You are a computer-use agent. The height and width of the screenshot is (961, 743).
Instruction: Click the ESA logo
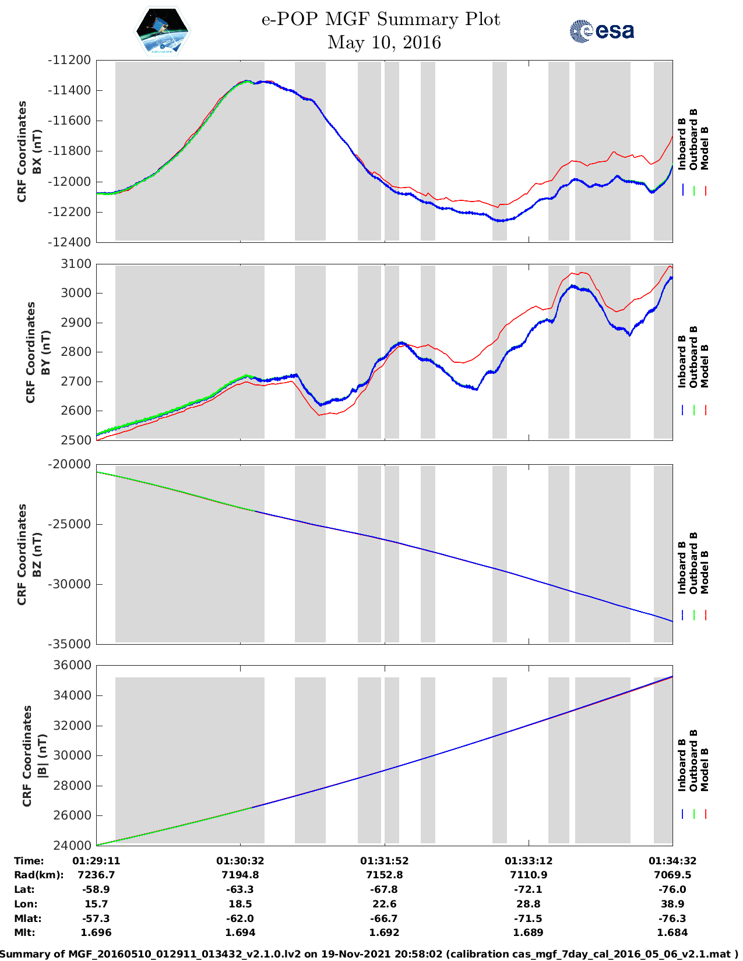click(x=601, y=31)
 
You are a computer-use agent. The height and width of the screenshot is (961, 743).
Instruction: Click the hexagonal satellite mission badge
click(x=162, y=31)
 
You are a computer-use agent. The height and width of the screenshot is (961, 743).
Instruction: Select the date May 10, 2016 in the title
click(x=384, y=43)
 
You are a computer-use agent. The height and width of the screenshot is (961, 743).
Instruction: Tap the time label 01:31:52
click(x=384, y=861)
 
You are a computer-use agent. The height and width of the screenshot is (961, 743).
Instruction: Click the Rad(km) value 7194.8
click(x=240, y=875)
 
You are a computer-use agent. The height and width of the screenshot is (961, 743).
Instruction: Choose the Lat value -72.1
click(x=528, y=889)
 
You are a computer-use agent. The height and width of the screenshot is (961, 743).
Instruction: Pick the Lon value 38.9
click(x=672, y=904)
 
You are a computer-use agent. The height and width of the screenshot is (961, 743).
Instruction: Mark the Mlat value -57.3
click(x=96, y=918)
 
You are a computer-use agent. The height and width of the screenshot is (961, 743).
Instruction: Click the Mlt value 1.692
click(x=384, y=932)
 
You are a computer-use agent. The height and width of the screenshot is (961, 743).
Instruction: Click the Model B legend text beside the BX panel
click(x=705, y=148)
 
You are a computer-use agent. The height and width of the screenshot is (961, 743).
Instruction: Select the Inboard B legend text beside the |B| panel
click(x=682, y=765)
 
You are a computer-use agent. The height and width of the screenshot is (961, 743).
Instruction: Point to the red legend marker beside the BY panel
click(x=706, y=410)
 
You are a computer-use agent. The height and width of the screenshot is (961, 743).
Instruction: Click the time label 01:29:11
click(x=96, y=861)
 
